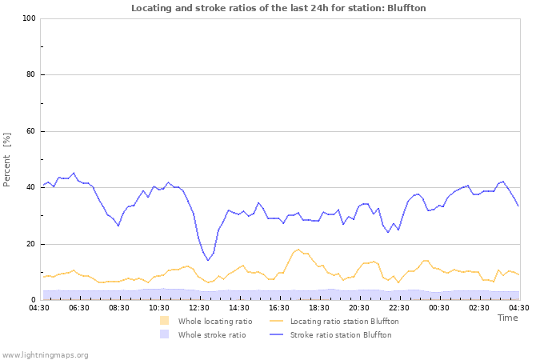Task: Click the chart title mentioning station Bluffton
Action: coord(278,8)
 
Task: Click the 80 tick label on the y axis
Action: coord(30,75)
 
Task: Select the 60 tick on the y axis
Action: coord(30,131)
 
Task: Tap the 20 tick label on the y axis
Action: coord(30,244)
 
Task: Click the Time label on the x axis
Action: coord(507,318)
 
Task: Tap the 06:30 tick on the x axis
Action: coord(79,307)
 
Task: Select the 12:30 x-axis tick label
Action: coord(199,307)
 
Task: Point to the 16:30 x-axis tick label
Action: coord(279,307)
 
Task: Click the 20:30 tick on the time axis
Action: coord(359,307)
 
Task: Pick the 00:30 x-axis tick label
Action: coord(439,307)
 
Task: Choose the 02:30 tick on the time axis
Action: coord(479,307)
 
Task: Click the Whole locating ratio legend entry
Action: coord(214,321)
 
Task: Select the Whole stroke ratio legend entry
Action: coord(211,334)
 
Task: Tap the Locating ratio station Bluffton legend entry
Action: coord(344,321)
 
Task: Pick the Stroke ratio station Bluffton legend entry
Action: coord(341,334)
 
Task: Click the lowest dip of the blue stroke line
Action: coord(208,260)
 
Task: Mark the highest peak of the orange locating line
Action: coord(298,249)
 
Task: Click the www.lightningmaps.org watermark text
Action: coord(45,354)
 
